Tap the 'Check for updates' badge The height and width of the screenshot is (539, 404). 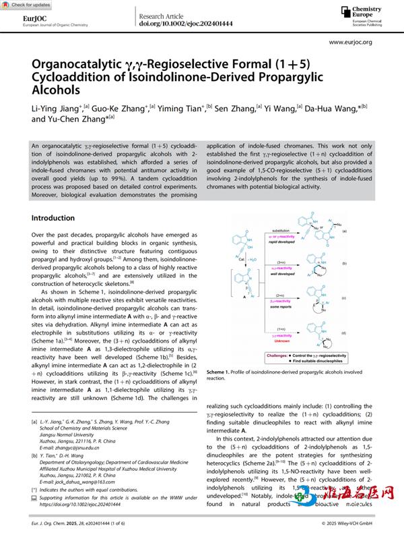click(25, 5)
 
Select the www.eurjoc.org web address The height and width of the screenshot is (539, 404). click(351, 42)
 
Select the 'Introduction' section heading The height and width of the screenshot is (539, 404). click(53, 219)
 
